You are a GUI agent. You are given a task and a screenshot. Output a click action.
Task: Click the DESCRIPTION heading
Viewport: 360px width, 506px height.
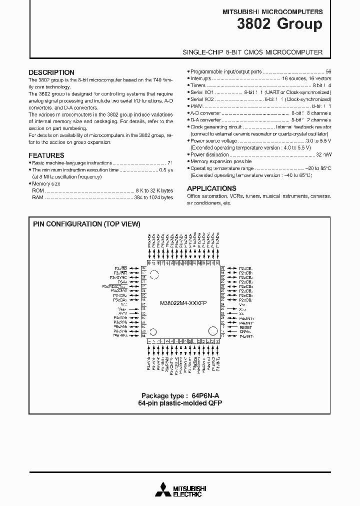pos(51,72)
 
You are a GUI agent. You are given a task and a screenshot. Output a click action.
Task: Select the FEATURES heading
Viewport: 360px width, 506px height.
pos(46,155)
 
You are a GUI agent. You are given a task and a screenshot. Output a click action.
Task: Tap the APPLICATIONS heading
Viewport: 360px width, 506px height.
pos(211,188)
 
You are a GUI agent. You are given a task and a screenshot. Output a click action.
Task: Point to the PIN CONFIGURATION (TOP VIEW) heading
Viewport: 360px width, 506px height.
pos(86,224)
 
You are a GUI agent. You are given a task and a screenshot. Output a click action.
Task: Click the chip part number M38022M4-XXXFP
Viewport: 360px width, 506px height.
pos(183,303)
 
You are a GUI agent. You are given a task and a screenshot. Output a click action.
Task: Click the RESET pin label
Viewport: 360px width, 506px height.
pos(245,327)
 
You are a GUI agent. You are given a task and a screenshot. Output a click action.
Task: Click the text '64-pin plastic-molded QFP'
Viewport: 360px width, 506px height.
pos(179,403)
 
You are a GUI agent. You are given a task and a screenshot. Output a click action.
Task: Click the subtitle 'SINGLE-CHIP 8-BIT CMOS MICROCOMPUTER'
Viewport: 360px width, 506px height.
pos(252,52)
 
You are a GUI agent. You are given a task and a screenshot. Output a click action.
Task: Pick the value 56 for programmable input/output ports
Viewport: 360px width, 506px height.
pos(328,72)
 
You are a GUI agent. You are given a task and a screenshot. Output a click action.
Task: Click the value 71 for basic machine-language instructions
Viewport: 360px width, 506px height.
pos(170,163)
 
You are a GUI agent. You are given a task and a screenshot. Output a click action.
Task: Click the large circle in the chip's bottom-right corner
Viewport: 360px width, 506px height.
pos(213,331)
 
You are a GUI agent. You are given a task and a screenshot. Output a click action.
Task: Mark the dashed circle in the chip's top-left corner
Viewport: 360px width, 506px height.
pos(154,274)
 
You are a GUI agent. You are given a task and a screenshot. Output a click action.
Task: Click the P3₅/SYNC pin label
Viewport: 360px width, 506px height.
pos(118,277)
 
